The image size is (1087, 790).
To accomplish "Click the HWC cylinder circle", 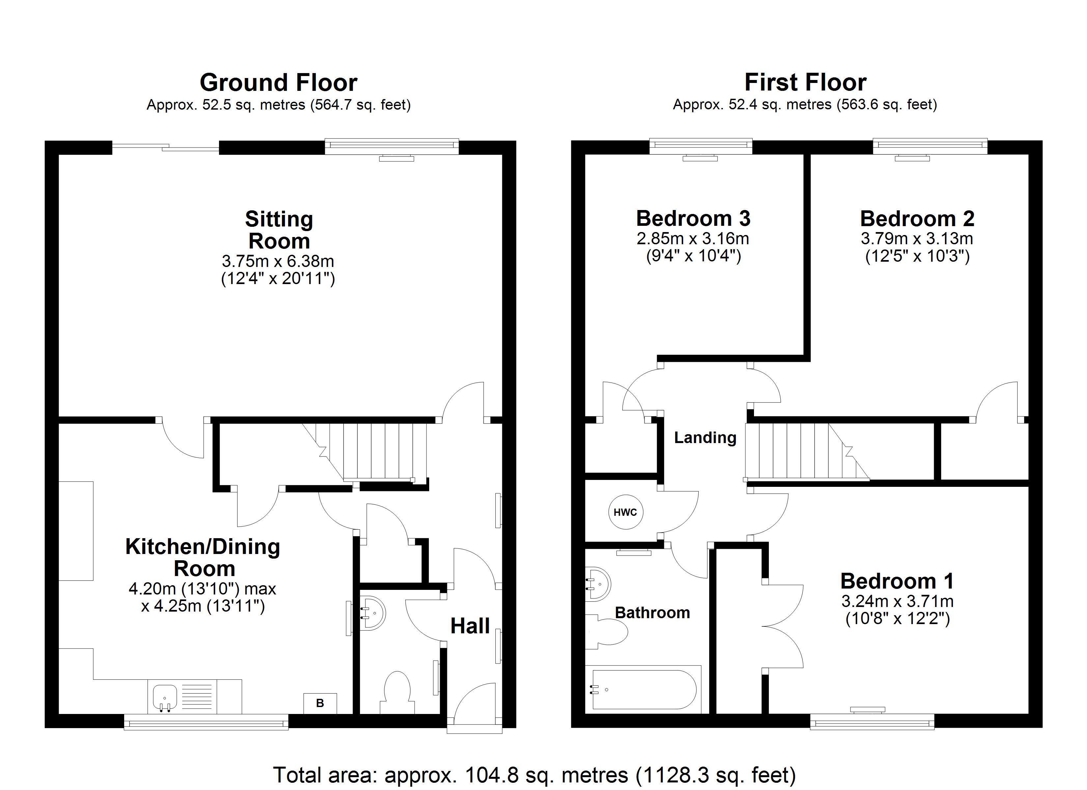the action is click(626, 512).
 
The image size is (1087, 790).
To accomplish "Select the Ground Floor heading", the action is click(278, 82).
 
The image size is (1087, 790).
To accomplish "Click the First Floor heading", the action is click(805, 82).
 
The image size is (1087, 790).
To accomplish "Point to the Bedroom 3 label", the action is click(693, 219).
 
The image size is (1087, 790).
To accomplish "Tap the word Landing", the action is click(705, 438).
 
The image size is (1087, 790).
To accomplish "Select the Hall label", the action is click(470, 626).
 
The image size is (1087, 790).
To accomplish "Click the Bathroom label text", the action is click(652, 613).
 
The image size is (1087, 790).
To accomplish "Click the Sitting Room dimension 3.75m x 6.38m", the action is click(278, 261).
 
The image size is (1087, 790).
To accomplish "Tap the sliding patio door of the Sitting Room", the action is click(166, 147).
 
